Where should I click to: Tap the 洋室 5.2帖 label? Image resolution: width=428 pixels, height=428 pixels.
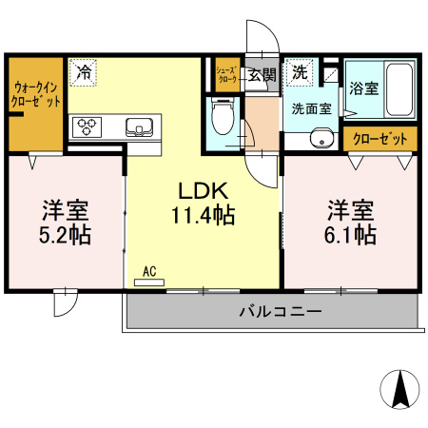coord(66,222)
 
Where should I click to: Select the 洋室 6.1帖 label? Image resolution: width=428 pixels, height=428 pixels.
coord(351,220)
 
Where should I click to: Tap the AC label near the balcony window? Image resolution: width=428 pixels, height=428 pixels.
coord(149,272)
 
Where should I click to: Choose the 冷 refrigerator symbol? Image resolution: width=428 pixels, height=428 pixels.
coord(84,71)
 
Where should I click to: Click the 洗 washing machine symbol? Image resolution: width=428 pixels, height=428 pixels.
coord(300,72)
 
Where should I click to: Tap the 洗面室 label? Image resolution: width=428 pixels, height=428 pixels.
coord(311,108)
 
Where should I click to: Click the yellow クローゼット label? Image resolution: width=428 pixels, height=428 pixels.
coord(379,139)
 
